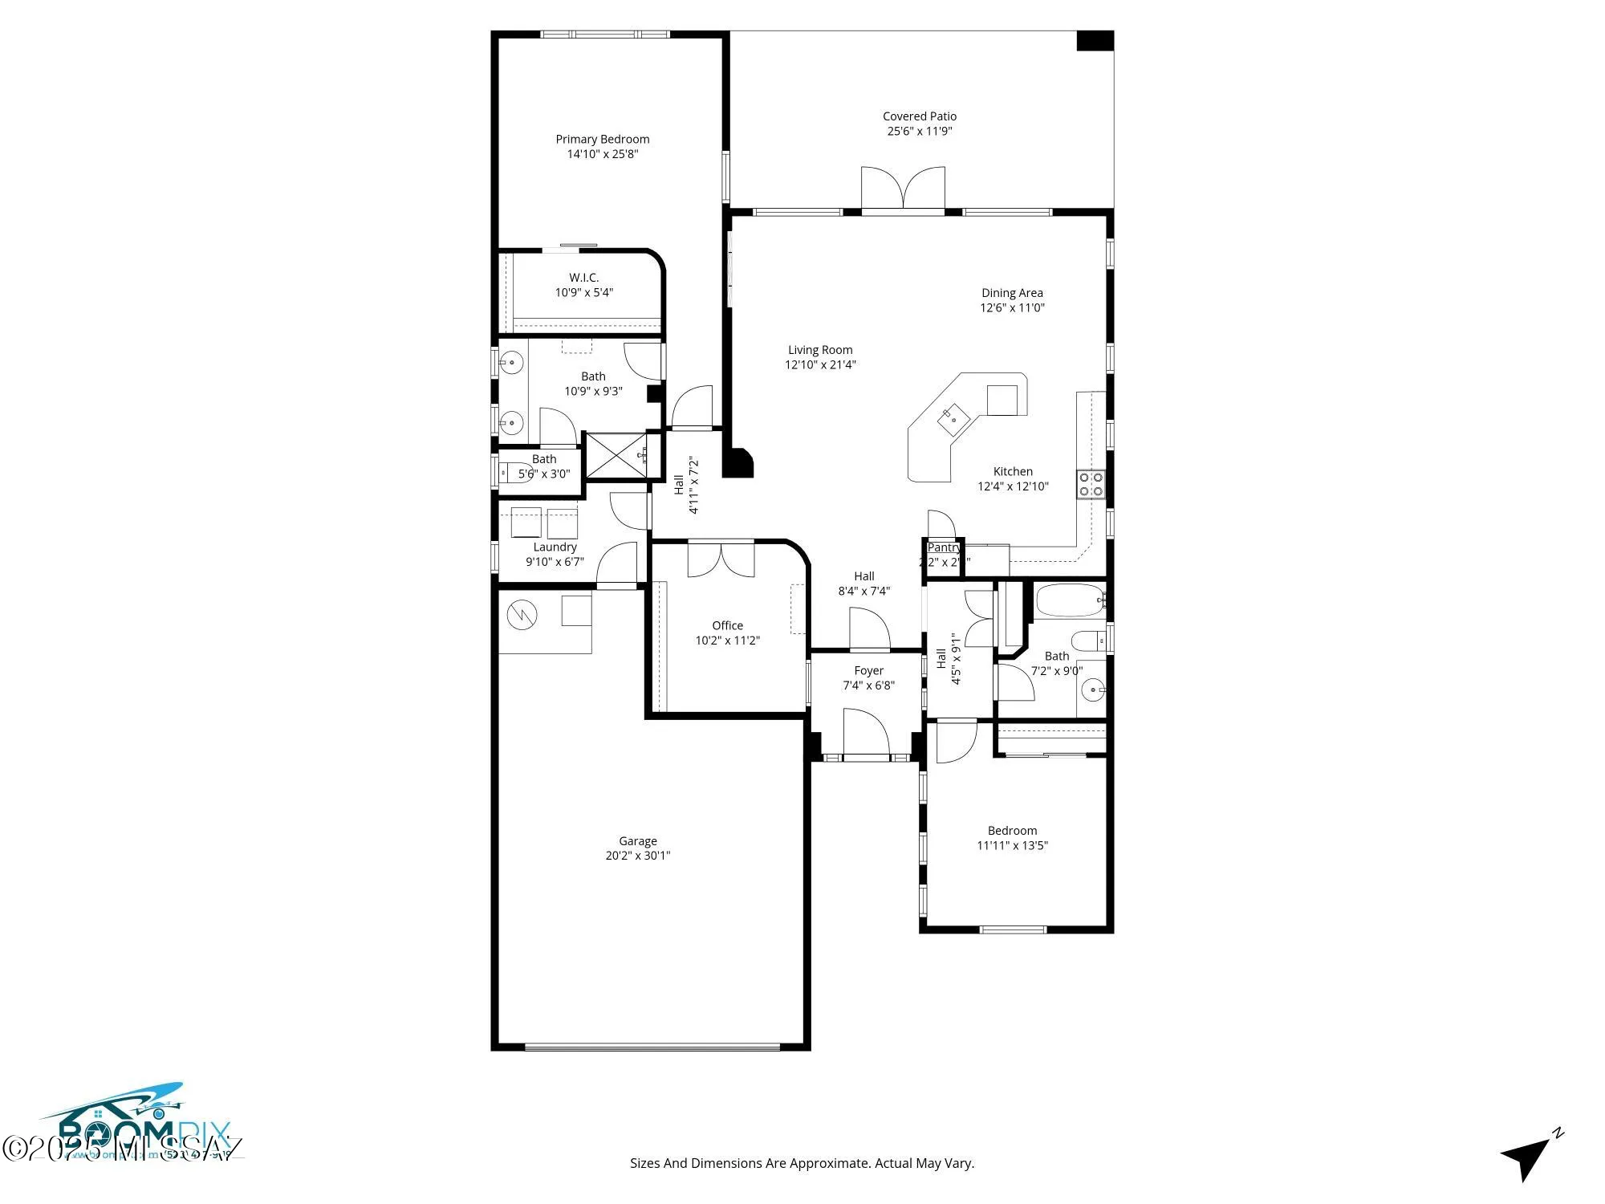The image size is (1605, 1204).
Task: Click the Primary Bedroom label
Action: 602,139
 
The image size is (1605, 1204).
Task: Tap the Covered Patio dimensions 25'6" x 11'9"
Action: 919,131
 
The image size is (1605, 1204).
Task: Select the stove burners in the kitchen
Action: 1091,484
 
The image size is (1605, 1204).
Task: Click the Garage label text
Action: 637,841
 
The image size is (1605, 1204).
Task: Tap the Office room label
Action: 727,625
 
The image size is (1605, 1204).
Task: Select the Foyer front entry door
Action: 866,734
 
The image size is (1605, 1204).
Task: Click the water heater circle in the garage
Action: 522,616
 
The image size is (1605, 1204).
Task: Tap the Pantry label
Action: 943,547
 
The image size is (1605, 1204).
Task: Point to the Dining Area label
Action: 1012,293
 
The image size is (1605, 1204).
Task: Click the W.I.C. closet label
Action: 583,278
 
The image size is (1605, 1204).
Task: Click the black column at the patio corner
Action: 1095,41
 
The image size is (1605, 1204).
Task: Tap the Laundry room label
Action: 555,547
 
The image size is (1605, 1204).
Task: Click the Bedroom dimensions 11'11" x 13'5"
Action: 1012,845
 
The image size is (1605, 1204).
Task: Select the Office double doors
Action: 721,559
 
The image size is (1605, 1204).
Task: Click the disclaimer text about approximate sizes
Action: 802,1163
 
